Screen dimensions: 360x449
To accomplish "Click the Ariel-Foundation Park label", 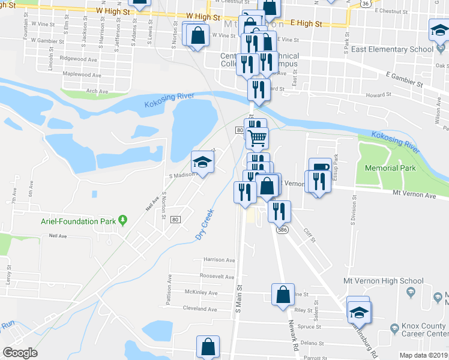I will tap(78, 221).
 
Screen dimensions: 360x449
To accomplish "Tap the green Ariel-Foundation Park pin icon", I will tap(123, 220).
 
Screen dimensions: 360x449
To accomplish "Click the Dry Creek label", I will tap(205, 225).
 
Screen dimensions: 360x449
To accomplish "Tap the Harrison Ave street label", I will tap(219, 260).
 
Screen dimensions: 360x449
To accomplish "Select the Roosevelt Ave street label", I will tap(218, 277).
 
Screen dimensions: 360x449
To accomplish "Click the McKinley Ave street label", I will tap(200, 293).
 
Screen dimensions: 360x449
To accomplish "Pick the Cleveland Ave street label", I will tap(200, 309).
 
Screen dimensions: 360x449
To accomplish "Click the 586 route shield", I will tap(281, 230).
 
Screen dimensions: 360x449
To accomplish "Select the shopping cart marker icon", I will tap(257, 138).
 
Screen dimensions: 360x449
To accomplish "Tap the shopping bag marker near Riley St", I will tap(283, 295).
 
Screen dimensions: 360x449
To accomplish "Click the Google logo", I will tap(20, 353).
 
